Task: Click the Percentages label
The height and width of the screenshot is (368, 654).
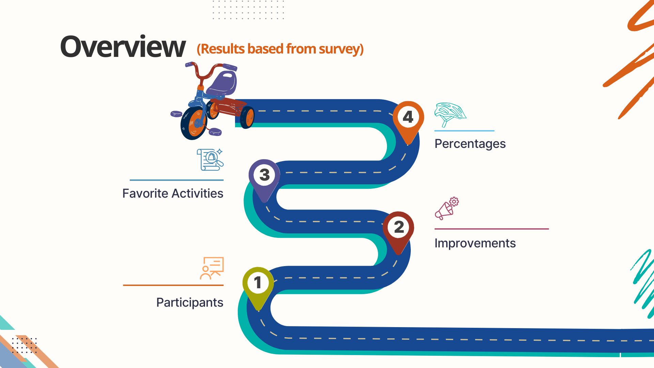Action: click(470, 144)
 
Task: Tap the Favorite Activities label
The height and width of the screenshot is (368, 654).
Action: click(173, 194)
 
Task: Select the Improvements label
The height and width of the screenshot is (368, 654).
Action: click(475, 243)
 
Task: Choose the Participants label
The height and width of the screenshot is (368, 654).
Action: click(190, 303)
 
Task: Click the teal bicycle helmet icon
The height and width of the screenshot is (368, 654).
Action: click(450, 115)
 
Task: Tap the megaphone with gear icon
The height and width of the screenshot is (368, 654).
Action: click(447, 209)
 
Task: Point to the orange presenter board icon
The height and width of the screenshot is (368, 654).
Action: click(212, 268)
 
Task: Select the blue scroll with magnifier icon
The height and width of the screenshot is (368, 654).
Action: click(210, 159)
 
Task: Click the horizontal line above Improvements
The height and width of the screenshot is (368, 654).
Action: click(492, 229)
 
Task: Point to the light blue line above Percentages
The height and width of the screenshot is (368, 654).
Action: click(464, 131)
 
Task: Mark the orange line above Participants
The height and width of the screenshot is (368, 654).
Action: click(173, 285)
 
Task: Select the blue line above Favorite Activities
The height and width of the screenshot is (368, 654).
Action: click(176, 180)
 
